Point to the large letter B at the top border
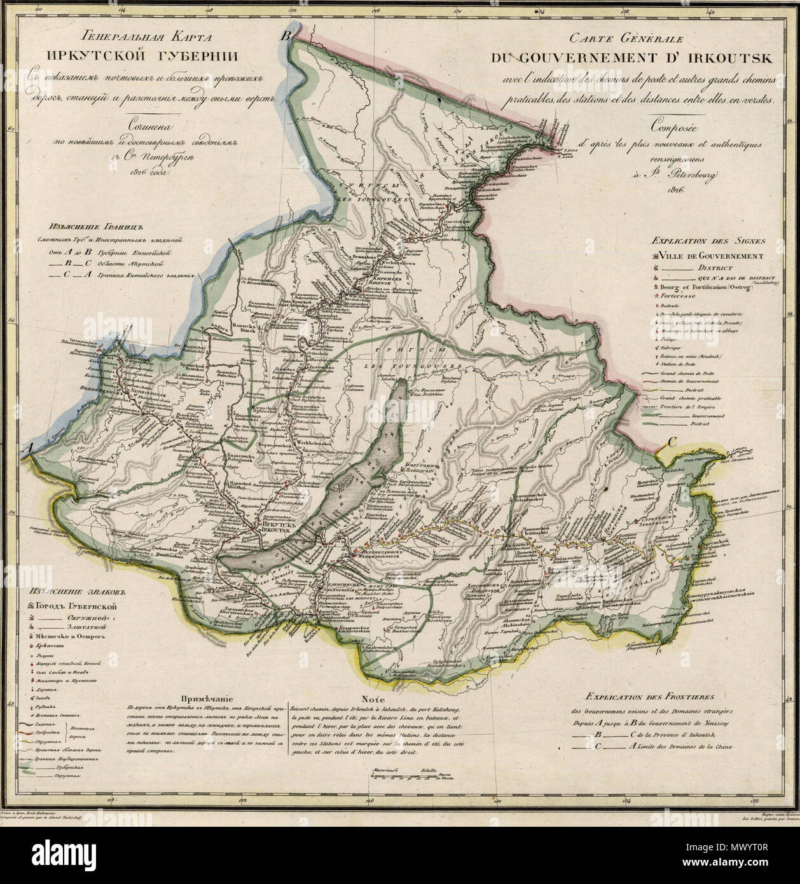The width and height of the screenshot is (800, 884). click(287, 36)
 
